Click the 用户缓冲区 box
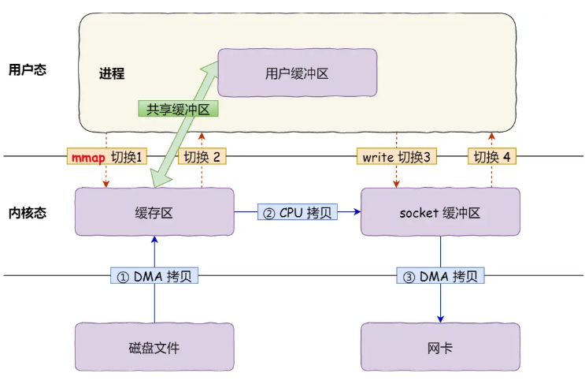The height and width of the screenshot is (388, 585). [297, 73]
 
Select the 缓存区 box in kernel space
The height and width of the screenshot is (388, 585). [154, 211]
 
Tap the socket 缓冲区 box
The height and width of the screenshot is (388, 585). [439, 211]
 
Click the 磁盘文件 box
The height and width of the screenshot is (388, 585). [154, 346]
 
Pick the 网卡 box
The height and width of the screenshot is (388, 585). [439, 346]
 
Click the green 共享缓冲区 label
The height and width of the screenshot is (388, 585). [177, 109]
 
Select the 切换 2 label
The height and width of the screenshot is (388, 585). [202, 156]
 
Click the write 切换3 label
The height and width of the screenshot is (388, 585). [396, 156]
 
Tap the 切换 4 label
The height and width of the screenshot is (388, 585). [492, 156]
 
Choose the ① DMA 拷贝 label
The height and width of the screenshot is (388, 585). [154, 276]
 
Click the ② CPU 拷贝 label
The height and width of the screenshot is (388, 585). [297, 212]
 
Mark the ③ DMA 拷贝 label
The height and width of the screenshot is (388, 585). [440, 276]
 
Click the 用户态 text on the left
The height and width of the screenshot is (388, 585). [27, 69]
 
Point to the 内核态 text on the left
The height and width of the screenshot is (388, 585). [27, 212]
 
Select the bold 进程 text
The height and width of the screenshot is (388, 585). [111, 74]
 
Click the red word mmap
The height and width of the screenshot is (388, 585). [87, 156]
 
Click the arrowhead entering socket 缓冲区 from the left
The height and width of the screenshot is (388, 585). [356, 212]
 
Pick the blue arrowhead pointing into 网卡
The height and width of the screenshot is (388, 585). [440, 318]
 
